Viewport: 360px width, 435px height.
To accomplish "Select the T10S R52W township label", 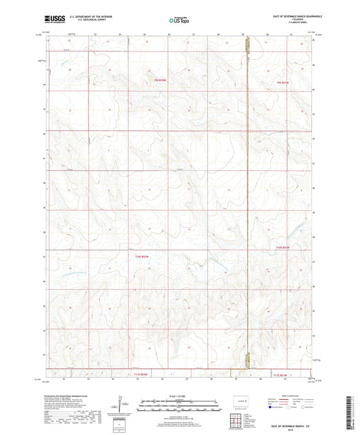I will (140, 256).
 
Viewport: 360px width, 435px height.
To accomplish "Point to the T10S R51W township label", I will (284, 249).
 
